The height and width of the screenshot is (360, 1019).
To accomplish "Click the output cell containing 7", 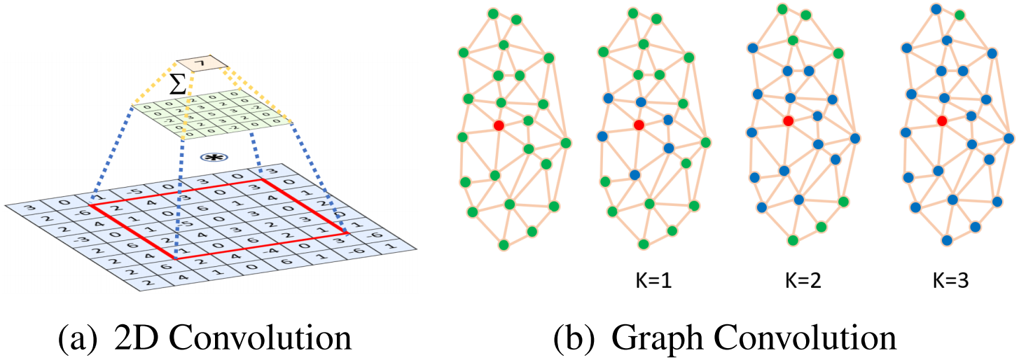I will [202, 66].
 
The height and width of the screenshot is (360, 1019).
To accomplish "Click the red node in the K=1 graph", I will [638, 125].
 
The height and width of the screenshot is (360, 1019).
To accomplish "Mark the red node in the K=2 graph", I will [789, 120].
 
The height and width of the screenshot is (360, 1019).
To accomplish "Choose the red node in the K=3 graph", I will [942, 121].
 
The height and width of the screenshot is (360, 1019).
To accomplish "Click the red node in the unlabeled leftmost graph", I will [499, 125].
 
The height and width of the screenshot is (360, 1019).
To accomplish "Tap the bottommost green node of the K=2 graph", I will [793, 240].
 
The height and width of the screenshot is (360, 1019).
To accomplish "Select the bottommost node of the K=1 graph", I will [643, 244].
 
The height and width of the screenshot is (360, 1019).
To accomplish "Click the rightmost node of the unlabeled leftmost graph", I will [566, 142].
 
